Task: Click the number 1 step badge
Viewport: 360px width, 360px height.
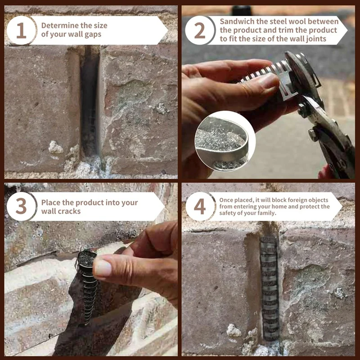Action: (21, 30)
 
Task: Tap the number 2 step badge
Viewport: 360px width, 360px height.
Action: (200, 30)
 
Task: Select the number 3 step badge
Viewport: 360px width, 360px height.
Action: (21, 207)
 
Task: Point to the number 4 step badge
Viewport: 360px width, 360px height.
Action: (200, 207)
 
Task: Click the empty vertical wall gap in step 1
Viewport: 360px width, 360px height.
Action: (90, 101)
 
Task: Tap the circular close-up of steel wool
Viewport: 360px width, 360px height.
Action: (225, 141)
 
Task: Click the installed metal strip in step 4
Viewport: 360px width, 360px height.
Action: (270, 288)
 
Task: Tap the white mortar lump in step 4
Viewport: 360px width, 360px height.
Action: (234, 330)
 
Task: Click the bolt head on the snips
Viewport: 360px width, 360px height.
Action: (313, 134)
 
